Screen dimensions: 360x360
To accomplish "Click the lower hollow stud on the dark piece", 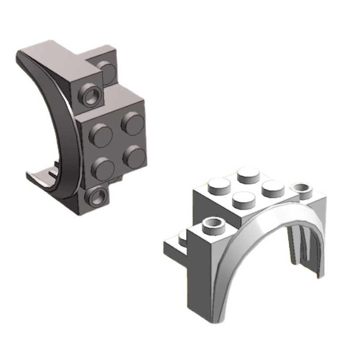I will point(97,196).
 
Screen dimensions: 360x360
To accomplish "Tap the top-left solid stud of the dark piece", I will point(101,135).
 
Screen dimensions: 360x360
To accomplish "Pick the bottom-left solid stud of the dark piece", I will point(102,167).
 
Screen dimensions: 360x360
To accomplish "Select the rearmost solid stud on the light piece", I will point(248,175).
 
